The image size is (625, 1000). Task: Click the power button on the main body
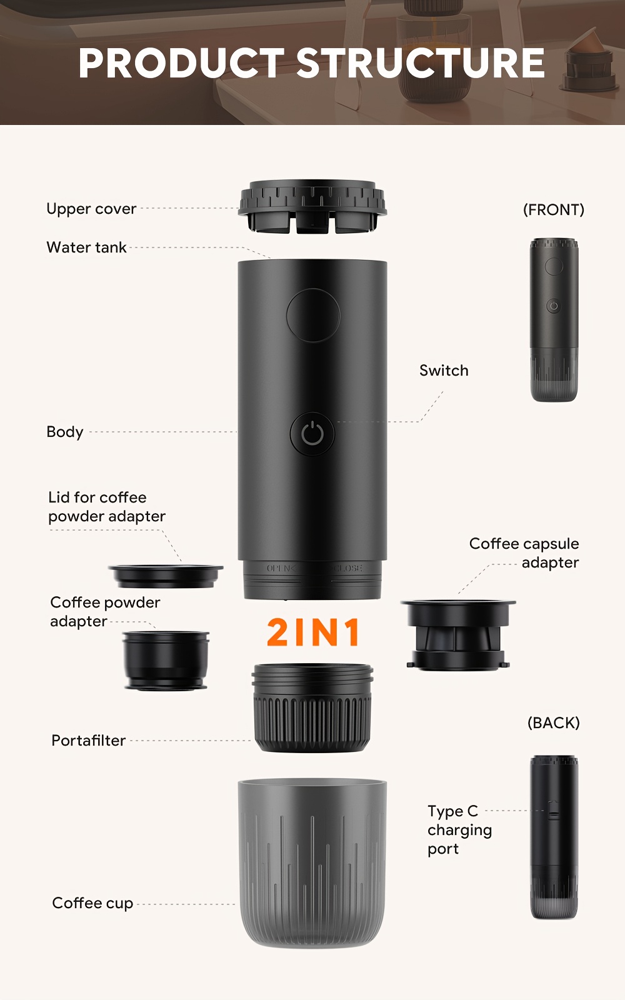pyautogui.click(x=312, y=434)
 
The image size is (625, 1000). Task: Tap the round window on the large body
pyautogui.click(x=313, y=315)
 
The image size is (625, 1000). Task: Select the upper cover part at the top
pyautogui.click(x=312, y=207)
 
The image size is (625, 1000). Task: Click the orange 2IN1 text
pyautogui.click(x=313, y=632)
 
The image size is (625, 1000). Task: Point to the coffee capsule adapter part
pyautogui.click(x=458, y=635)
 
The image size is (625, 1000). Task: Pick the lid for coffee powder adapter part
pyautogui.click(x=166, y=576)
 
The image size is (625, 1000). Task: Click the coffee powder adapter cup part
pyautogui.click(x=166, y=661)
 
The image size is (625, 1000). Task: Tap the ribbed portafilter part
pyautogui.click(x=312, y=707)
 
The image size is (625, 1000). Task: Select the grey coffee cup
pyautogui.click(x=312, y=863)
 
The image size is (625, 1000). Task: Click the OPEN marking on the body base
pyautogui.click(x=281, y=568)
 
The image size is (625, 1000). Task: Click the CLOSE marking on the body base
pyautogui.click(x=348, y=568)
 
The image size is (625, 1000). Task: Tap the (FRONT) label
pyautogui.click(x=554, y=209)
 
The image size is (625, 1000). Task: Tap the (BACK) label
pyautogui.click(x=554, y=722)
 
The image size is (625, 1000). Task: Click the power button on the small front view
pyautogui.click(x=554, y=306)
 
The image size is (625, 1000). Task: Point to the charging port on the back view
pyautogui.click(x=554, y=814)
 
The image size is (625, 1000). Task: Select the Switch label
pyautogui.click(x=444, y=371)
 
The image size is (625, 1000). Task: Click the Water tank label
pyautogui.click(x=87, y=247)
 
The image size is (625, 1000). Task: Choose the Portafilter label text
pyautogui.click(x=88, y=740)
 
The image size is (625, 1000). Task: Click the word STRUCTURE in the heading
pyautogui.click(x=421, y=62)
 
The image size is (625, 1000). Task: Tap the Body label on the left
pyautogui.click(x=65, y=432)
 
